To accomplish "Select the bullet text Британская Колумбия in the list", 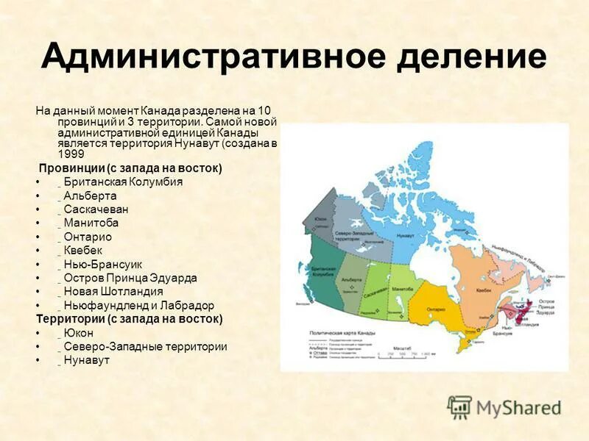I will (x=122, y=182).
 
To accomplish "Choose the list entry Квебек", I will (x=84, y=250).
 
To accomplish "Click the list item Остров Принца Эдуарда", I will (x=130, y=278).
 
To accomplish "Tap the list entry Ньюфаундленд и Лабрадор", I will (x=138, y=305).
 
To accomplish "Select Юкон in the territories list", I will (x=78, y=333).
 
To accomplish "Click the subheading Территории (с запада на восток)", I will (x=129, y=319).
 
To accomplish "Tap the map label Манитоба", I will (x=403, y=289).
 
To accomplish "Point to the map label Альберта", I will (x=351, y=280).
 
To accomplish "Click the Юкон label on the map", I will (x=320, y=220).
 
